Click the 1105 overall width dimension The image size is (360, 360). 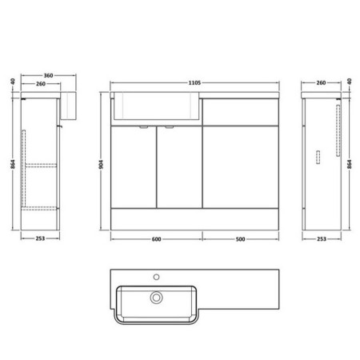pyautogui.click(x=194, y=82)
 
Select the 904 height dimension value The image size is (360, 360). pyautogui.click(x=101, y=165)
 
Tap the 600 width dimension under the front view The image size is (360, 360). pyautogui.click(x=156, y=239)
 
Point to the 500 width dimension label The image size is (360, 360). pyautogui.click(x=240, y=239)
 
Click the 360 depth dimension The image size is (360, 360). pyautogui.click(x=48, y=75)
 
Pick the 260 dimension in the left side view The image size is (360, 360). pyautogui.click(x=41, y=84)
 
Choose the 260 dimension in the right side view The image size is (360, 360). pyautogui.click(x=321, y=82)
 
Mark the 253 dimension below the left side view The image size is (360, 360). pyautogui.click(x=40, y=238)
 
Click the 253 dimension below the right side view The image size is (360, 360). pyautogui.click(x=322, y=238)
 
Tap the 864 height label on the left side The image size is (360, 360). pyautogui.click(x=13, y=164)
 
